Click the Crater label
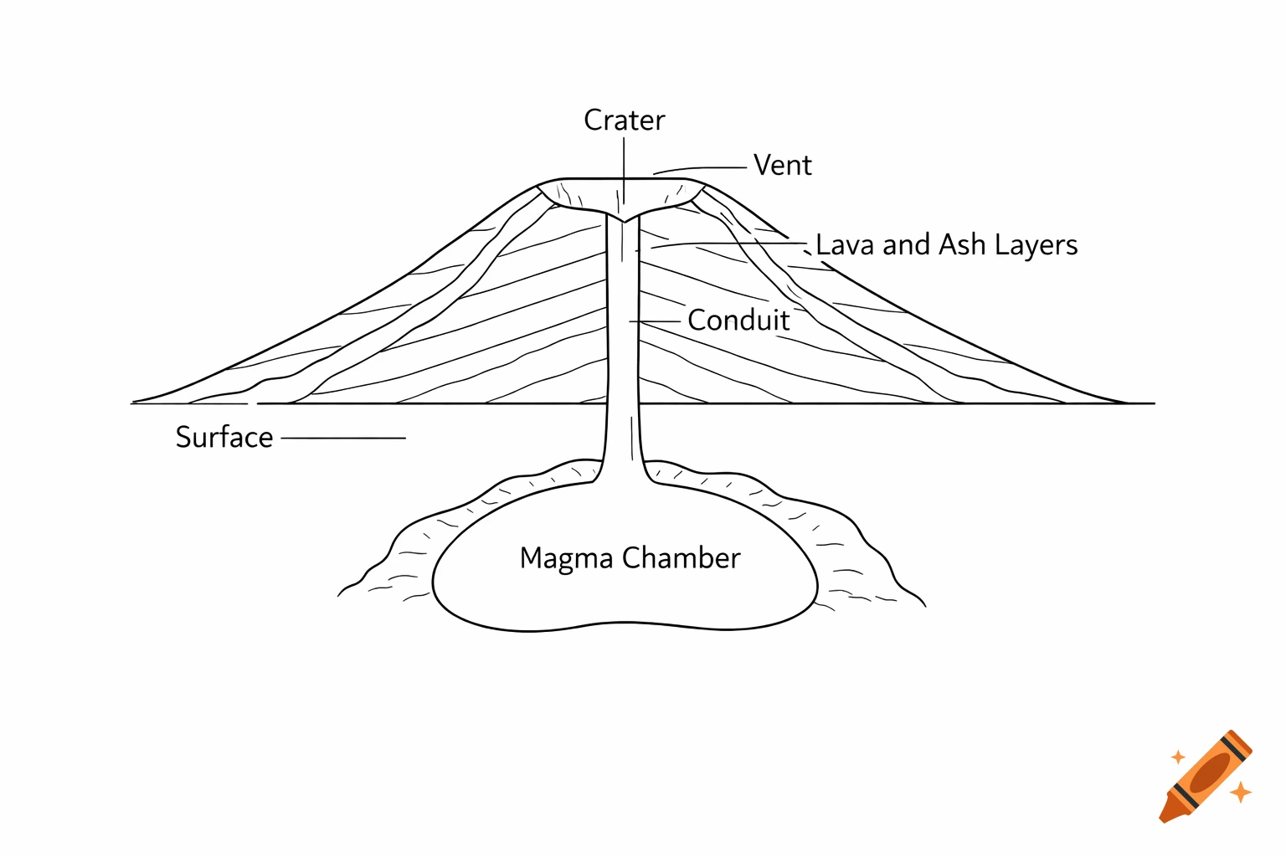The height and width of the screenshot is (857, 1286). (x=624, y=121)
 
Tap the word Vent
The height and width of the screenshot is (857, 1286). (x=782, y=166)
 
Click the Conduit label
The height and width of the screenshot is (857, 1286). (x=738, y=321)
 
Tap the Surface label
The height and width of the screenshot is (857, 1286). (x=224, y=438)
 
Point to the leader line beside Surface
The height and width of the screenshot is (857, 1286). (x=343, y=438)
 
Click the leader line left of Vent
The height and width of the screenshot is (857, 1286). (x=700, y=169)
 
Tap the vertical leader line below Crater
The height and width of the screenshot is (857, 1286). (x=624, y=172)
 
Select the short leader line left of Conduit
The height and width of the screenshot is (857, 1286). (x=655, y=321)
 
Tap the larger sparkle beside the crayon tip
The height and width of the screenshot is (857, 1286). (x=1241, y=791)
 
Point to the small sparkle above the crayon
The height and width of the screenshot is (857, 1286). (x=1178, y=757)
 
